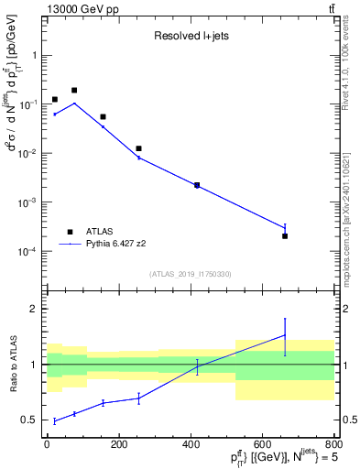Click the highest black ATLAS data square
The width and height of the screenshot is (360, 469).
point(74,91)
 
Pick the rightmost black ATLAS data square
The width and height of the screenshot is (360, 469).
point(285,236)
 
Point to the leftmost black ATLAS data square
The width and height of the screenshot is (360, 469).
point(55,99)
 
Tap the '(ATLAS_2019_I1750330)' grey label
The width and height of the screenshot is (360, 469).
point(189,273)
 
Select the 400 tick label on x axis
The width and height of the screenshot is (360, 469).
point(191,444)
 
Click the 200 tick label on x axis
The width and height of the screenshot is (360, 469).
point(118,444)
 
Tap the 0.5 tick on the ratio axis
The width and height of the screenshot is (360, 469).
point(32,420)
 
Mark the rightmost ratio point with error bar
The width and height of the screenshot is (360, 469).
point(285,335)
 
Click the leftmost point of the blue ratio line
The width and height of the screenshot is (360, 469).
point(55,421)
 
